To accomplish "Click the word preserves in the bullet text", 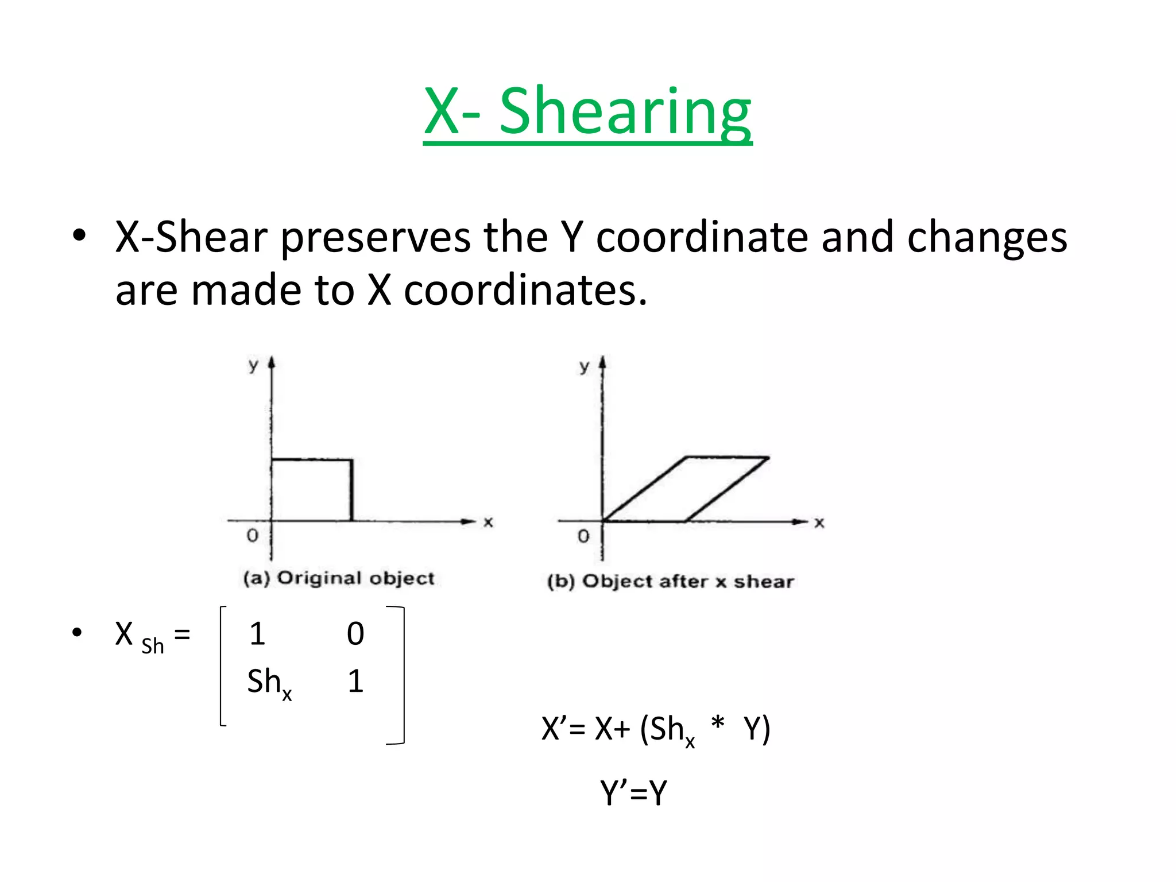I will [376, 238].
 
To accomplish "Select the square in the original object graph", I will [312, 490].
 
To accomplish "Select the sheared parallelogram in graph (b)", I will [687, 489].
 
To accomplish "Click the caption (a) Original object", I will [339, 578].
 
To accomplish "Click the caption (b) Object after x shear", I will [671, 582].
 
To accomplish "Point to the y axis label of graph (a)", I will [253, 365].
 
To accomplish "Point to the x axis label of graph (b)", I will [819, 523].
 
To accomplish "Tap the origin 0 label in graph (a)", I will [252, 536].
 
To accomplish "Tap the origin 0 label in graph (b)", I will [583, 536].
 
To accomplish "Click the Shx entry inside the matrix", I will [269, 683].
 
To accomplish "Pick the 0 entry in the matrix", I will [355, 634].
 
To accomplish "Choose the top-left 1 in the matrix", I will [257, 634].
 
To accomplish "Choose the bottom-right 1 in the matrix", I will [355, 682].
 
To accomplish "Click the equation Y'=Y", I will [634, 793].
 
